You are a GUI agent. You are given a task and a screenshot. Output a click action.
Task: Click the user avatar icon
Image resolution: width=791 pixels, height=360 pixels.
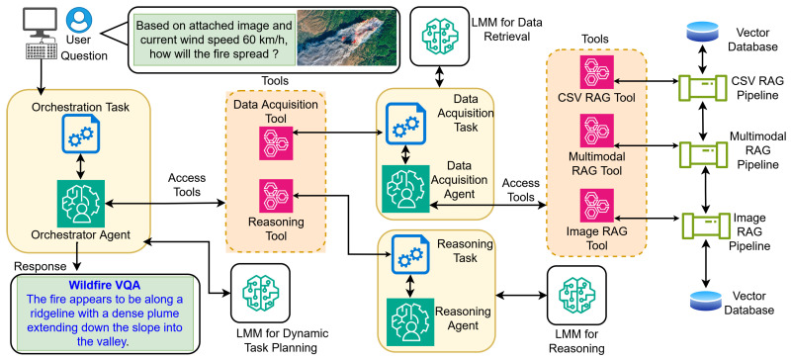pos(79,20)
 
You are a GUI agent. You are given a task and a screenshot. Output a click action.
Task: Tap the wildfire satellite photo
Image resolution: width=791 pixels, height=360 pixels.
pos(345,38)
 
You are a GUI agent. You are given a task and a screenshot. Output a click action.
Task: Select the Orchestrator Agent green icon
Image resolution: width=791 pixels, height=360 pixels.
pos(81,204)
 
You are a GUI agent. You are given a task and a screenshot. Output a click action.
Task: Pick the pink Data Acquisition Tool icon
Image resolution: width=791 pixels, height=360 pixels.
pos(276,143)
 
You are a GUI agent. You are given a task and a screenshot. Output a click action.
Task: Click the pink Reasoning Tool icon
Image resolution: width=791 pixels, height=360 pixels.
pos(276,196)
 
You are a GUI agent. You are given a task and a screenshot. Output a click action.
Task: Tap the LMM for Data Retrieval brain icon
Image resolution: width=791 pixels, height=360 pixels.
pos(439,36)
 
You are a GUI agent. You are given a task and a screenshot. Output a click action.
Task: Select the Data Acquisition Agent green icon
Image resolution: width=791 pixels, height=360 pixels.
pos(405,188)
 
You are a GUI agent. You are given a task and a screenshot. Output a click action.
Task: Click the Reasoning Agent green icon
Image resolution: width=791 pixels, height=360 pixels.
pos(410,321)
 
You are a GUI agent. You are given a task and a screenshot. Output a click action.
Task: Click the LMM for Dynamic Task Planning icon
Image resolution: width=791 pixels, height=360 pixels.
pos(260,293)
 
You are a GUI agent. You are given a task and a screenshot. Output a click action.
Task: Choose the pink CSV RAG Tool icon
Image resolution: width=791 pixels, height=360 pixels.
pos(597,73)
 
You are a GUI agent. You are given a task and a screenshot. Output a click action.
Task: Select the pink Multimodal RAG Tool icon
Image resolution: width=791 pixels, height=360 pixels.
pos(597,131)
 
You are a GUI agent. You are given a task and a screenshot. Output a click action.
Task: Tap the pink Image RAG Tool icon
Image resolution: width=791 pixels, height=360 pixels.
pos(597,206)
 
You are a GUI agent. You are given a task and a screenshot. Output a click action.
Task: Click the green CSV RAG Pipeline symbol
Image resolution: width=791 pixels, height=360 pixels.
pos(702,87)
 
